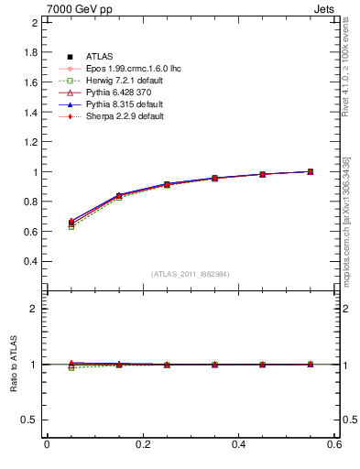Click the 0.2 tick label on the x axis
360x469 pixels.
(143, 444)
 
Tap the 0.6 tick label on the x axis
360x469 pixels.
(334, 444)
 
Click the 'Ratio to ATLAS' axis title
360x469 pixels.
(15, 365)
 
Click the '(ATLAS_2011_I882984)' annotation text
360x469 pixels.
(191, 275)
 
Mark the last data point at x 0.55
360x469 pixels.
(310, 171)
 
